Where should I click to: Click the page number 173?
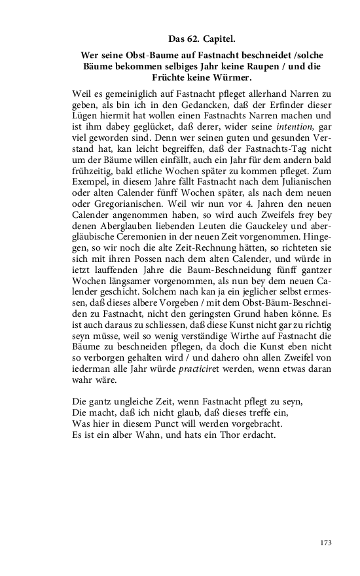(327, 543)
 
